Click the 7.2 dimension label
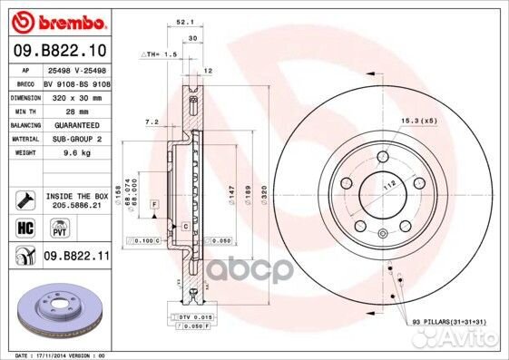tap(152, 121)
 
